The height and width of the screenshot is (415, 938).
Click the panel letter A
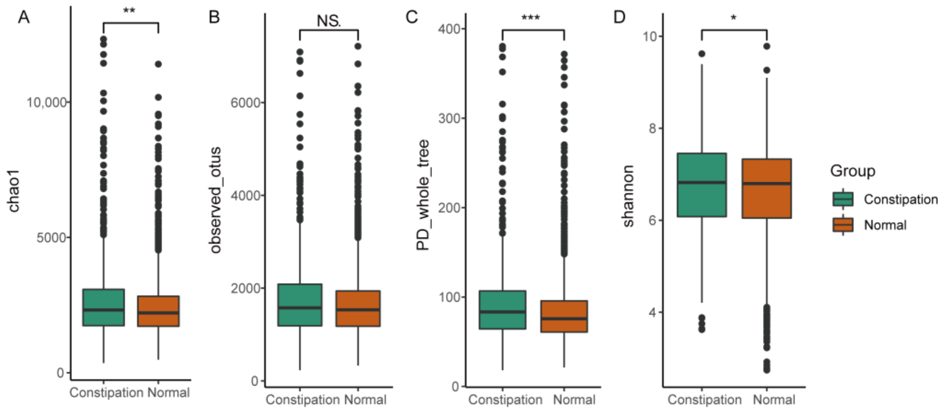24,17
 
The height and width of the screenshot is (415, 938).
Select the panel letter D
619,17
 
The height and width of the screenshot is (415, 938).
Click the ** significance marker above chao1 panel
129,10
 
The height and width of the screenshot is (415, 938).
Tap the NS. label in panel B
329,21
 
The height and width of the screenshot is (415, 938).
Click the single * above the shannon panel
734,18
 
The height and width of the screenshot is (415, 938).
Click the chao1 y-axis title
14,191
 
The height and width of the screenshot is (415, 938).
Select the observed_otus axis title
215,200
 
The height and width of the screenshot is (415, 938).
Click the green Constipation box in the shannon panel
702,185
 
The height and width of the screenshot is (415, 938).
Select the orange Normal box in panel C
564,316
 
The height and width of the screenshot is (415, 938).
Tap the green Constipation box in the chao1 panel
104,307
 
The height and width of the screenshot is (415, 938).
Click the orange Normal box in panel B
358,308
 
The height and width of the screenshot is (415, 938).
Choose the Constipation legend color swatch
843,199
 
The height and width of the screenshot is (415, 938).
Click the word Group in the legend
852,171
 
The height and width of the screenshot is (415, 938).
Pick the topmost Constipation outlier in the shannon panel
702,54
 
